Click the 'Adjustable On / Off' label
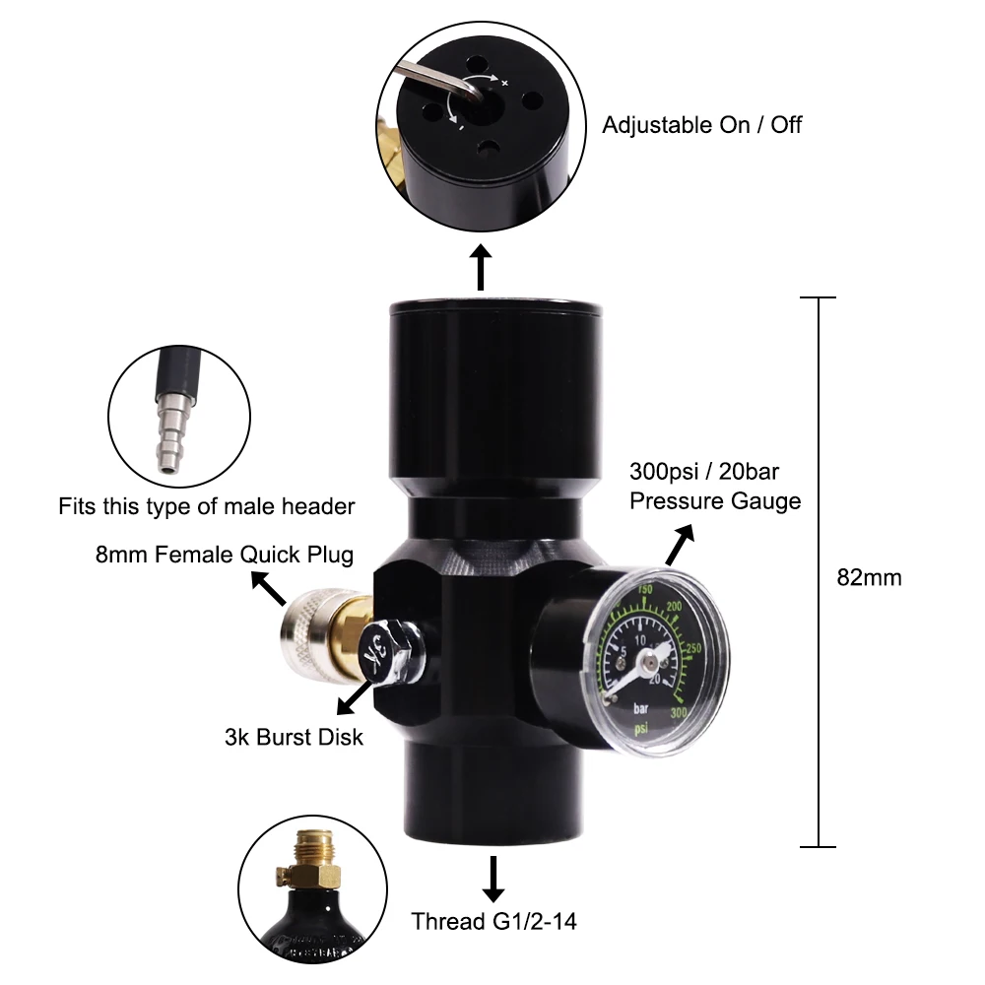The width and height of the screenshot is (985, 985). (x=702, y=125)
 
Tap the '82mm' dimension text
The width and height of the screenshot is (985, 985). (x=869, y=577)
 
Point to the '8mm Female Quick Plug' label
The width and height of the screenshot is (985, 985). (x=225, y=554)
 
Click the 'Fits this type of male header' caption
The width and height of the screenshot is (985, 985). (x=206, y=507)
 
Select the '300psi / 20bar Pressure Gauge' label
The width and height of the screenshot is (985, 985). (x=715, y=487)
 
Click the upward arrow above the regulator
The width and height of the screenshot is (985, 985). (x=481, y=269)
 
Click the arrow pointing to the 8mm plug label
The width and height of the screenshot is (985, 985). (x=267, y=590)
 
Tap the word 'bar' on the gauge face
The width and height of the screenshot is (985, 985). (x=641, y=706)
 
